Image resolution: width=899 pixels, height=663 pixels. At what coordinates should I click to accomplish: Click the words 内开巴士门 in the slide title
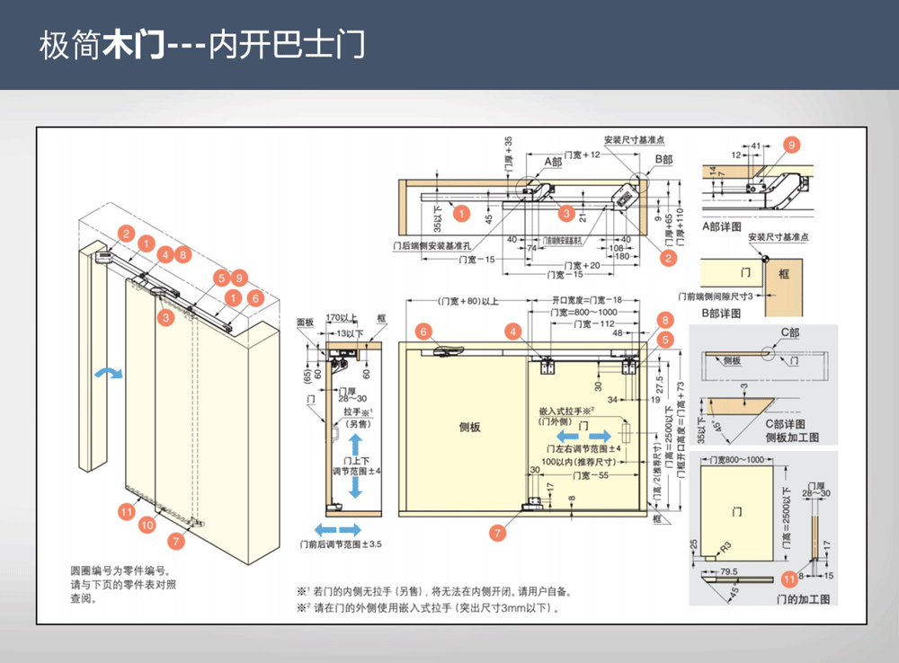[x=287, y=46]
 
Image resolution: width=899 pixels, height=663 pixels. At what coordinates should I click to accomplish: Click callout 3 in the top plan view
[x=565, y=214]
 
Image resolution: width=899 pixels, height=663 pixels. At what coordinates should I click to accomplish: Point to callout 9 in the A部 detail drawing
[x=791, y=145]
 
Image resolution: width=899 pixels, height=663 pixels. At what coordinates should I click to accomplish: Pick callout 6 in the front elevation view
[x=422, y=331]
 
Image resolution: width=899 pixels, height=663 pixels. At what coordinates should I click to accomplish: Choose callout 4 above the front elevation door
[x=512, y=331]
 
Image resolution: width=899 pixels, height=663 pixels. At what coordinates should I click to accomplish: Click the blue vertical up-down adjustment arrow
[x=356, y=465]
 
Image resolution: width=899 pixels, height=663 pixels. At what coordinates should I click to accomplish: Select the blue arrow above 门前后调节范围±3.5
[x=336, y=529]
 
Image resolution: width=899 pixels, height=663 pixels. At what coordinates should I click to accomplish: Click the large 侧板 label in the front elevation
[x=469, y=427]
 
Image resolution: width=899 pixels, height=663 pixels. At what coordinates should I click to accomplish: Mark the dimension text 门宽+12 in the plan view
[x=582, y=155]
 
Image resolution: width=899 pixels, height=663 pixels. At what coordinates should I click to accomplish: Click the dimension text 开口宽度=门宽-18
[x=585, y=301]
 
